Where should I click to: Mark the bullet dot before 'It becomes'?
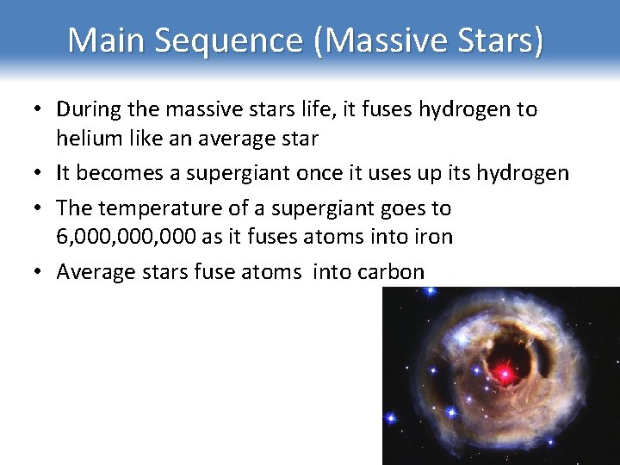[x=40, y=173]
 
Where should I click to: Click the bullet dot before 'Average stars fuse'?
[x=40, y=272]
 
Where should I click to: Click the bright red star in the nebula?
[x=504, y=373]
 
